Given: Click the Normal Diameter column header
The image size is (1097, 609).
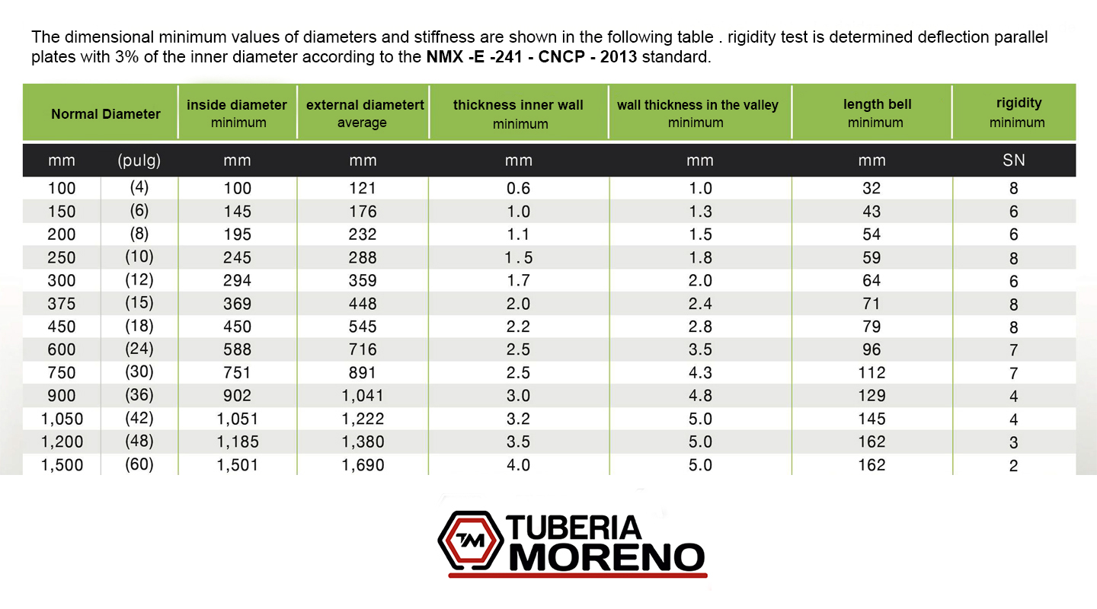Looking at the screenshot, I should point(106,114).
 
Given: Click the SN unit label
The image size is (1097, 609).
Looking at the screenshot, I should point(1014,161).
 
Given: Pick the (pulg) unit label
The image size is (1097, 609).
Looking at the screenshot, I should point(139,161).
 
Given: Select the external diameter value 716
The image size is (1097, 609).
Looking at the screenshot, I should point(363,349).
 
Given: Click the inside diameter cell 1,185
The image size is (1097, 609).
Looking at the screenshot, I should point(238,442).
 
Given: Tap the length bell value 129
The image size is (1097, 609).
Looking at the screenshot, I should point(872,395).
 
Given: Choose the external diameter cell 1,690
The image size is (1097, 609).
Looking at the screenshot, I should point(363,464).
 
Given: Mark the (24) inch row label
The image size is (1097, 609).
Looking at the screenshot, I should point(139,349).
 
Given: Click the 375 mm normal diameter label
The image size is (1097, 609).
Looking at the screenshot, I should point(62,304).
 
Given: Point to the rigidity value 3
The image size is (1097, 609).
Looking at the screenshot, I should point(1013,442).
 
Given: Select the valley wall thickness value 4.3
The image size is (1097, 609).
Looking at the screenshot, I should point(700,373).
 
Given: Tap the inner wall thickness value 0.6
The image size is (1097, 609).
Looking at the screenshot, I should point(518,189).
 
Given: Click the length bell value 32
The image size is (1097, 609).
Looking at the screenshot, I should point(872,189).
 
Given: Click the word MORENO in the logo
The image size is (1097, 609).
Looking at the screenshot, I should point(606,558).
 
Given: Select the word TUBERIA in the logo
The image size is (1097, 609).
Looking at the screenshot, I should point(575,527).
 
